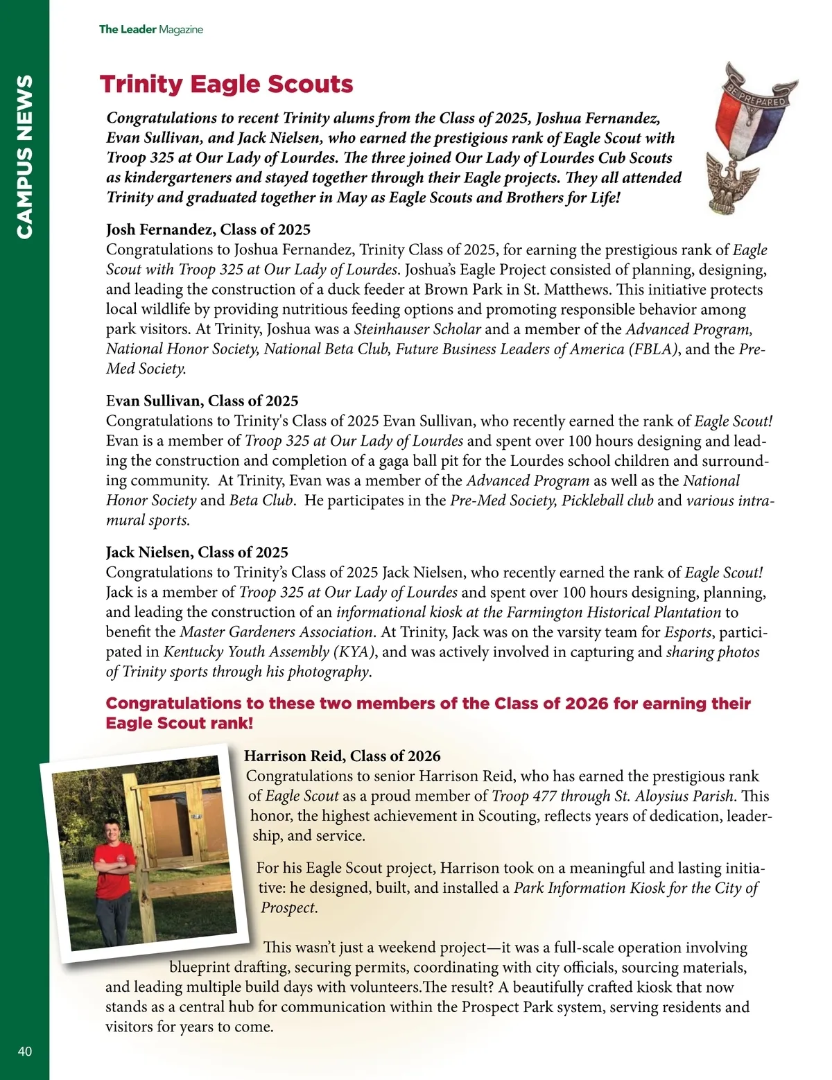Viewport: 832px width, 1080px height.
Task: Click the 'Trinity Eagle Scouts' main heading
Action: click(x=226, y=85)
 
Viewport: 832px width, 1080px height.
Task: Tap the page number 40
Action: click(x=25, y=1051)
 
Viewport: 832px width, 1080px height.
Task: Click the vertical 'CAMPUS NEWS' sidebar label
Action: click(x=24, y=157)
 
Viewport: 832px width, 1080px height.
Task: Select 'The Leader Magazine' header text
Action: click(x=150, y=29)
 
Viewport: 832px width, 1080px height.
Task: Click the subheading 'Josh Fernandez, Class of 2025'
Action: click(x=208, y=229)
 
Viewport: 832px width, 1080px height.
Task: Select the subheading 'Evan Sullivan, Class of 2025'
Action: click(x=202, y=401)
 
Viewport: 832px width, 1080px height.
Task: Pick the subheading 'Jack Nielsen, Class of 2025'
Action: click(x=197, y=552)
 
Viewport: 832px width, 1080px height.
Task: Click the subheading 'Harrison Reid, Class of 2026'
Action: click(x=343, y=756)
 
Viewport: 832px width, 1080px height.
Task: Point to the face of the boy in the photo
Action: click(x=111, y=830)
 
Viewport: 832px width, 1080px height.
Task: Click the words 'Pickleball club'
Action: click(x=607, y=500)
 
